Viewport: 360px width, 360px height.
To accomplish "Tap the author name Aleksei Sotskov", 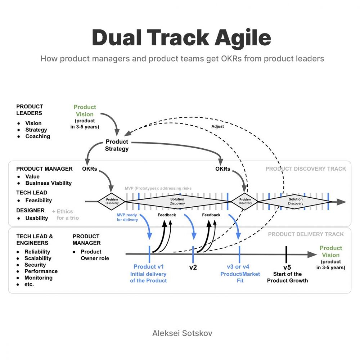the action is pos(182,333).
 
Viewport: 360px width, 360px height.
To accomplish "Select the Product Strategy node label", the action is pos(117,145).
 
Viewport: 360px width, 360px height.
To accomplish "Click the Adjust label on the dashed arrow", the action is pos(217,126).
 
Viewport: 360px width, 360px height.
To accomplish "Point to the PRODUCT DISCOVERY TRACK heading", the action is pos(306,169).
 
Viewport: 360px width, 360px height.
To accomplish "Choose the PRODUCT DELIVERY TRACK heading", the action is pos(306,234).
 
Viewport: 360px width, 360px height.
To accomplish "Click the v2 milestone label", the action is pos(193,267).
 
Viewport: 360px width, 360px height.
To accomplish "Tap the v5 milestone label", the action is pos(287,267).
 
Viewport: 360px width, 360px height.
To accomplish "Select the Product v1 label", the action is pos(149,266).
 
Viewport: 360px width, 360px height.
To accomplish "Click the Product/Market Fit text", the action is pos(240,277).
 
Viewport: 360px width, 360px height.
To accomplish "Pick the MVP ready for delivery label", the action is pos(127,217).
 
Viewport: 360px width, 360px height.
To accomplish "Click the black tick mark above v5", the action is pos(286,255).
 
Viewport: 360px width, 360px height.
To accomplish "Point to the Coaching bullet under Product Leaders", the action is pos(38,136).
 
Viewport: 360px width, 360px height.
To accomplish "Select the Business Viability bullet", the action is pos(49,183).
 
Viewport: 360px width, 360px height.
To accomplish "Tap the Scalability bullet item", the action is pos(38,258).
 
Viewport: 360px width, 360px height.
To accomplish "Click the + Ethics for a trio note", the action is pos(66,215).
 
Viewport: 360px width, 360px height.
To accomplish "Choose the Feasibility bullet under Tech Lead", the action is pos(39,201).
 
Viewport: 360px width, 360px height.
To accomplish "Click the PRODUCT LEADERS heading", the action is pos(30,110).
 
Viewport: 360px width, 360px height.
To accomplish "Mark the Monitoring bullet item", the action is pos(39,278).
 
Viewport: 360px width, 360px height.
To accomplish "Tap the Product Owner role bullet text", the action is pos(95,255).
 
